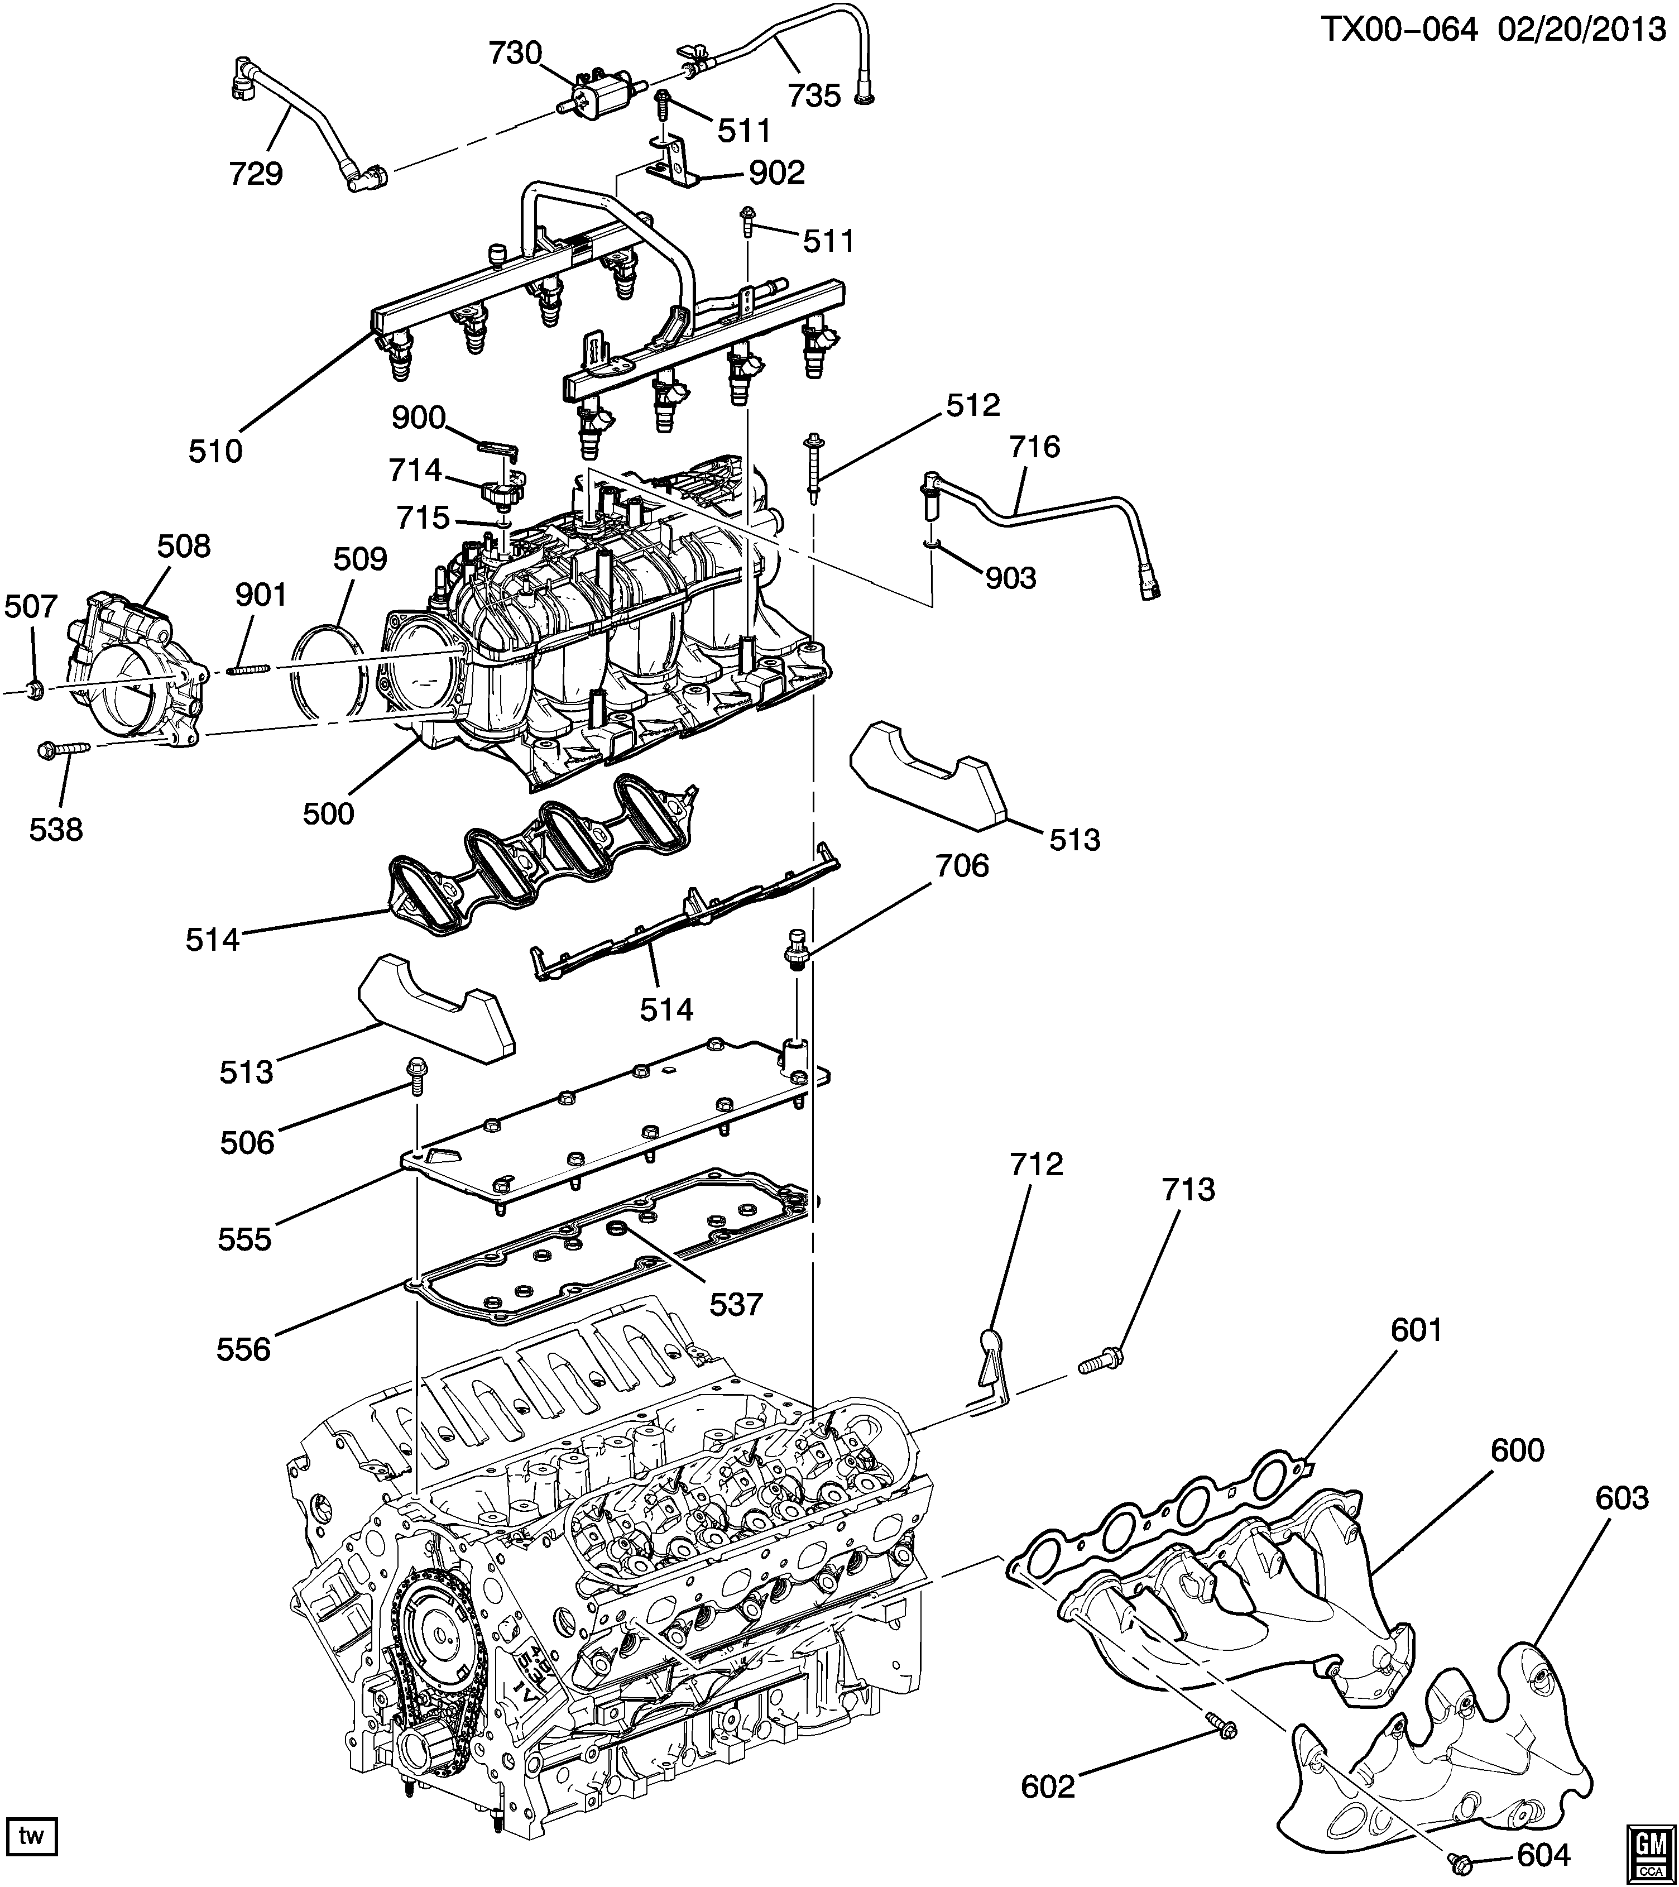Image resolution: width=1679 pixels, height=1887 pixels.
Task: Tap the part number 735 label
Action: click(814, 95)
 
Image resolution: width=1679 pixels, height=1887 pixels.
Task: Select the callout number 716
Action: click(1035, 447)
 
